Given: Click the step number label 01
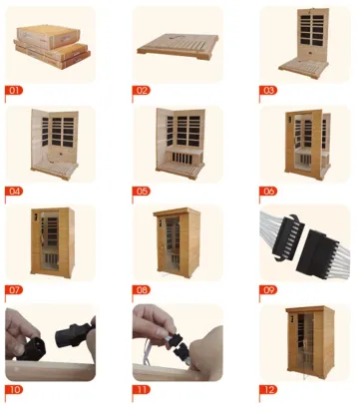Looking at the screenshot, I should pos(15,90).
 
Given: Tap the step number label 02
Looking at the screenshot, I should pos(142,90).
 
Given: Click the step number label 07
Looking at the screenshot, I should pos(15,288).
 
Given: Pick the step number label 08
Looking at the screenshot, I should pos(142,288).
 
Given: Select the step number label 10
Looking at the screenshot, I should pos(15,388).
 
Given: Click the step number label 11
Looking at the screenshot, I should pos(142,388).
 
